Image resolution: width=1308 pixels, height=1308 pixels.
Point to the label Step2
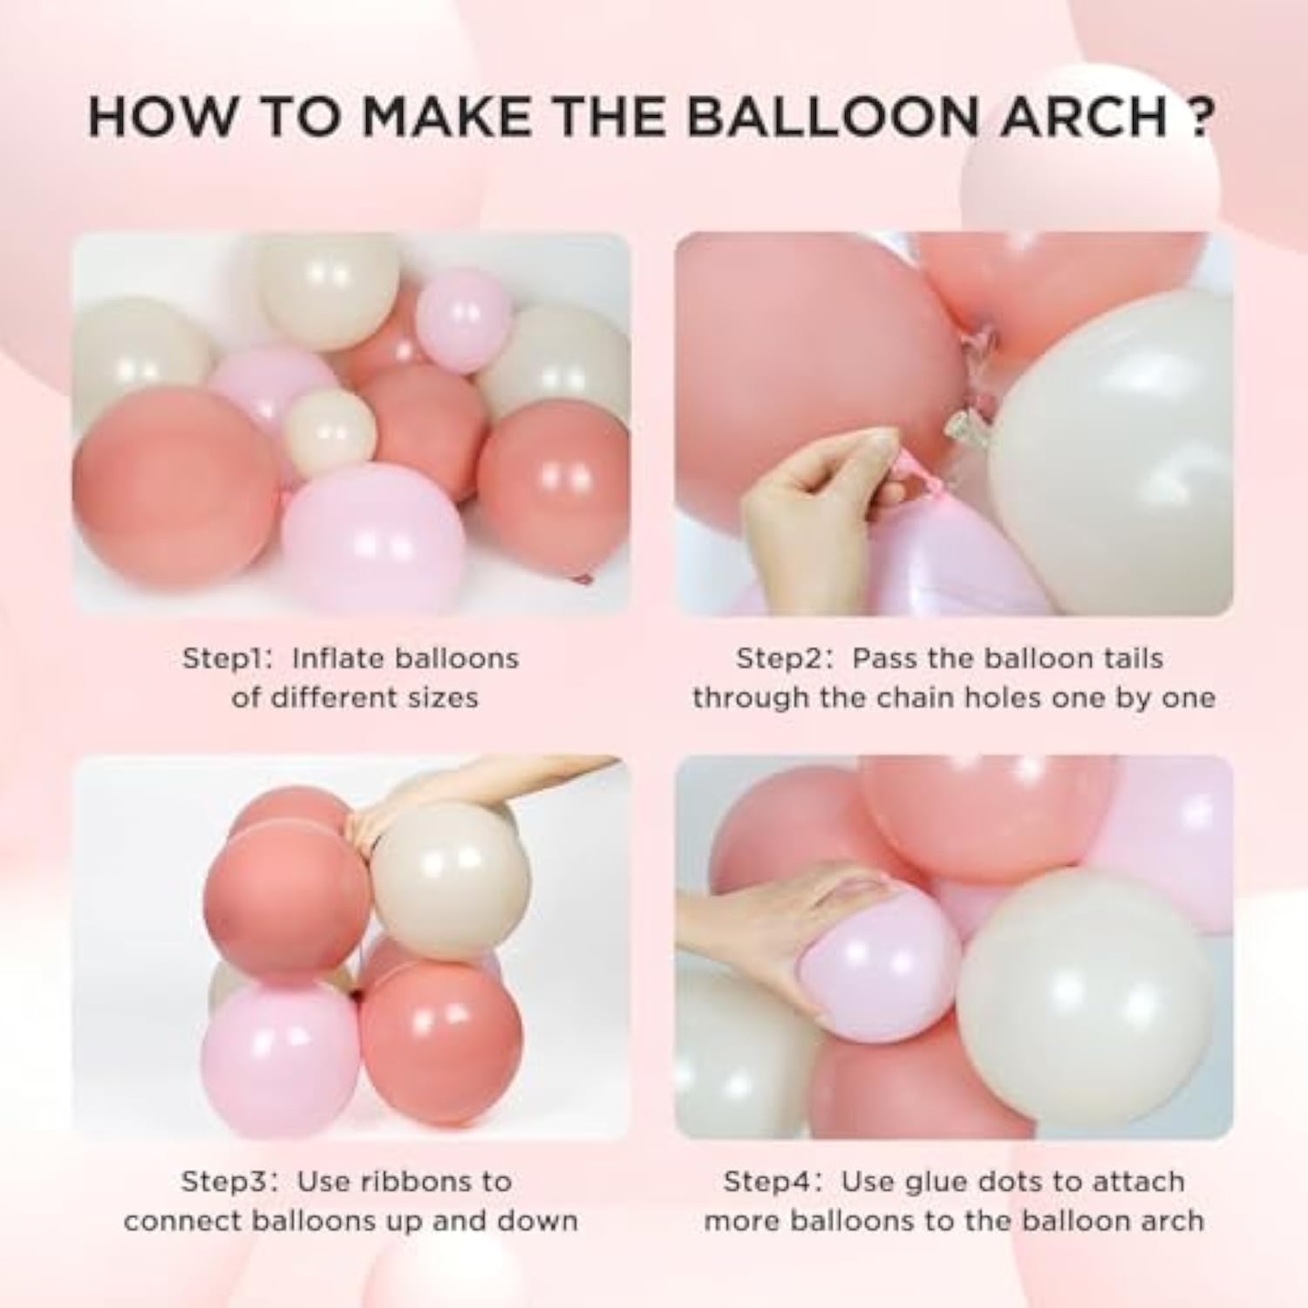tap(782, 658)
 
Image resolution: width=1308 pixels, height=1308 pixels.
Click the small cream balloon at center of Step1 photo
tap(330, 432)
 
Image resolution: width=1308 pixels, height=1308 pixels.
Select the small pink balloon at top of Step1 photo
tap(462, 308)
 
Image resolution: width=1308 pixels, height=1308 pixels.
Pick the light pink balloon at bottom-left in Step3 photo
tap(279, 1055)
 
